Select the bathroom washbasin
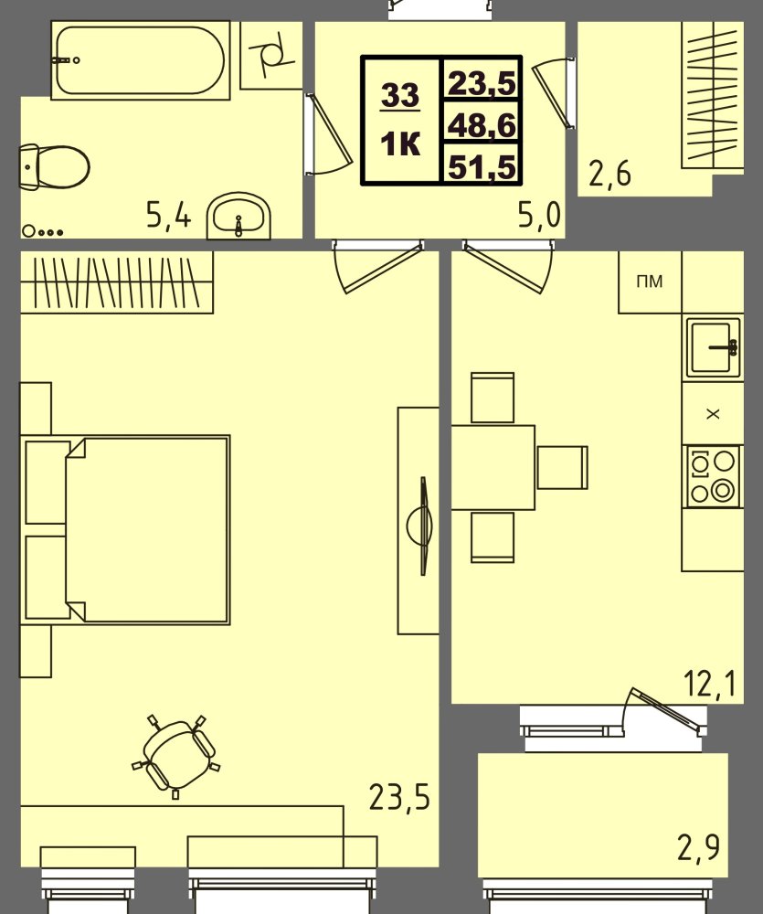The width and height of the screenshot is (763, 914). pos(239,218)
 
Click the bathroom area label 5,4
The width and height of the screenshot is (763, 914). pos(169,216)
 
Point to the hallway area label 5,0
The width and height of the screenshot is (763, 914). pos(538,216)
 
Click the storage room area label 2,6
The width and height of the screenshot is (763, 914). pos(609,172)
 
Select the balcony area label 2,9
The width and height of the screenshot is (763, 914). pos(698,848)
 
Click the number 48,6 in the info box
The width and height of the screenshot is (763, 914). pos(482,123)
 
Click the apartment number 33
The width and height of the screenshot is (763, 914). pos(401,94)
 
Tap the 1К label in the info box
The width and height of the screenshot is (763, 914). pos(401,143)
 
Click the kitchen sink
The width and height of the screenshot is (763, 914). pos(713,347)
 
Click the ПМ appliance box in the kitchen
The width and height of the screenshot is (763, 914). pos(650,282)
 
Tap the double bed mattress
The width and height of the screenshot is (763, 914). pos(146,529)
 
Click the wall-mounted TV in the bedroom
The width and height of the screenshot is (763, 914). pos(422,526)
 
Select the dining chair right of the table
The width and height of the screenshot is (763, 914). pos(561,467)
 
